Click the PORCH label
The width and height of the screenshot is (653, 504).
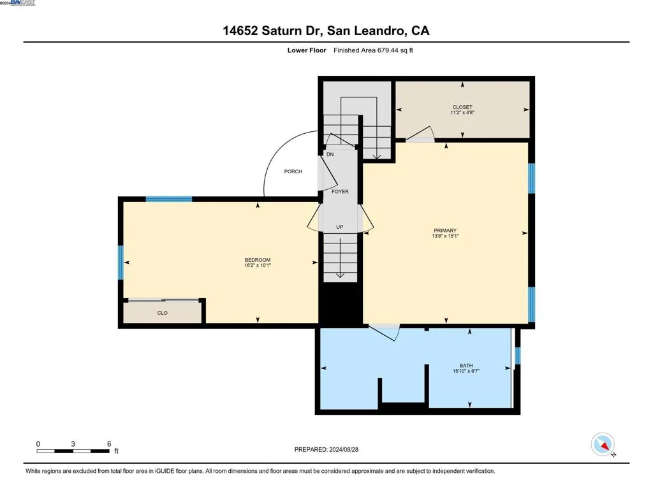293,171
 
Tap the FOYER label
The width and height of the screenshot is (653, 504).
340,191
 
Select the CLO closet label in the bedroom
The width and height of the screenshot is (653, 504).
163,313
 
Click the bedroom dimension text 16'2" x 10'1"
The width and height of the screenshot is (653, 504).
258,265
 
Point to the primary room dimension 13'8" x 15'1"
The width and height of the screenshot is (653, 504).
445,236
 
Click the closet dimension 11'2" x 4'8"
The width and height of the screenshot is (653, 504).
462,112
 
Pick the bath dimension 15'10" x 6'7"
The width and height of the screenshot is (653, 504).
466,371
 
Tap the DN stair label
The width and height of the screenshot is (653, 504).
330,154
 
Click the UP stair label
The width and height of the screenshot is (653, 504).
339,227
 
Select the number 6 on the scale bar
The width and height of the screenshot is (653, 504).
109,443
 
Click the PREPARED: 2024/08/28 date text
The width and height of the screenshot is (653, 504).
326,449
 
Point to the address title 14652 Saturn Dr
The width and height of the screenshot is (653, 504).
273,31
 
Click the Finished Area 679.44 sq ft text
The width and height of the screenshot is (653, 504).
373,50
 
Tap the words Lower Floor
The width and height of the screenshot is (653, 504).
307,50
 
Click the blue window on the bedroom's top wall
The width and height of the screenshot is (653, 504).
168,199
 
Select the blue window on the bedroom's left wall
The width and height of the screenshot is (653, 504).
121,263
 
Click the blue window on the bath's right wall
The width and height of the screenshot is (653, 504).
518,356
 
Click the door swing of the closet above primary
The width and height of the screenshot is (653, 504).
421,134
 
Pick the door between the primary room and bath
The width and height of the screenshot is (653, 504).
385,332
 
